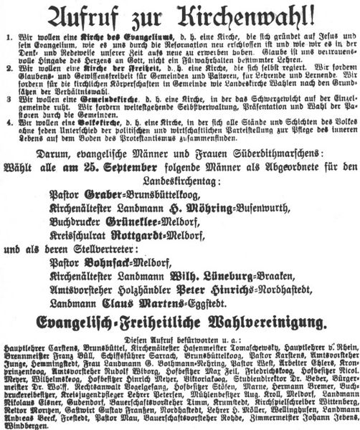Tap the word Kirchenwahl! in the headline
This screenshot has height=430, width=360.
tap(248, 15)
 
